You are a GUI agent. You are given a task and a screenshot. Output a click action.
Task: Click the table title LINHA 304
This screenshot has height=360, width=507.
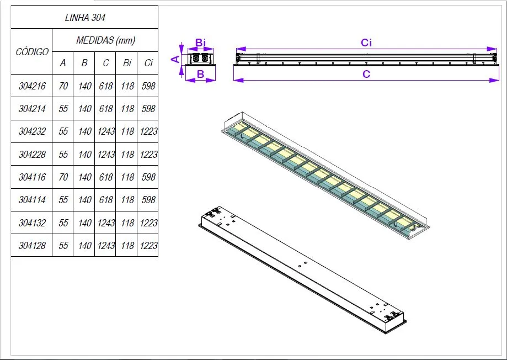pos(85,18)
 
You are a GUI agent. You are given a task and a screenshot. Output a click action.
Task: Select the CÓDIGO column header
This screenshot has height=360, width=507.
pos(32,51)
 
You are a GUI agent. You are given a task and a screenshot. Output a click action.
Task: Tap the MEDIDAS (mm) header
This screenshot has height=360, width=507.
pos(106,40)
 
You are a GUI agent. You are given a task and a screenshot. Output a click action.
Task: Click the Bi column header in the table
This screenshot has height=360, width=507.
pos(127,63)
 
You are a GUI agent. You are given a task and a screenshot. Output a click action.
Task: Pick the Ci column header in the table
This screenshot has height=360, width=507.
pos(148,63)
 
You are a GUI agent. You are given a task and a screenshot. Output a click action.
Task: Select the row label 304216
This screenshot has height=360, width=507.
pos(32,86)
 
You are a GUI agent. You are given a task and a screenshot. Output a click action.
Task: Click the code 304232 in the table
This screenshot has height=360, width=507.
pos(32,131)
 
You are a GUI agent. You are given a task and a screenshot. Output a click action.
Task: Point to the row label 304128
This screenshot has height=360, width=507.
pos(32,245)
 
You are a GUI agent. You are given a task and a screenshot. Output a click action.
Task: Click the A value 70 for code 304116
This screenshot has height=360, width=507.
pos(63,177)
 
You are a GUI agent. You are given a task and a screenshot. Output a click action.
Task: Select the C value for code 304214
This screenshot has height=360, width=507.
pos(106,108)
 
